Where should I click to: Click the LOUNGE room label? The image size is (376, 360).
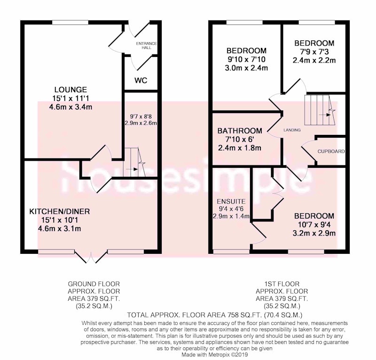pos(70,90)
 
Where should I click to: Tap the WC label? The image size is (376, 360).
pos(141,80)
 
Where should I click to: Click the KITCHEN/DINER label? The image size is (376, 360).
pos(60,211)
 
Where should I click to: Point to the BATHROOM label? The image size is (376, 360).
pos(240,131)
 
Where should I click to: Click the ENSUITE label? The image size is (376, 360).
pos(231,201)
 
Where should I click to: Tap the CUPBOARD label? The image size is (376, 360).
pos(331,151)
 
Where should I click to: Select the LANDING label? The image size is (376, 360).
pos(292,130)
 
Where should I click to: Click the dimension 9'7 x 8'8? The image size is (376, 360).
pos(141,117)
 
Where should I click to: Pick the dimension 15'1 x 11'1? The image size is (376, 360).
pos(70,98)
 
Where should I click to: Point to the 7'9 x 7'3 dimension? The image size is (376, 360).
pos(314,52)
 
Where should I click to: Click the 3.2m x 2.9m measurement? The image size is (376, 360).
pos(314,233)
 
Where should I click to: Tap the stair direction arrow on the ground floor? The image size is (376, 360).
pos(132,169)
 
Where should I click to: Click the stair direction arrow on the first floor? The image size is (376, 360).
pos(325,115)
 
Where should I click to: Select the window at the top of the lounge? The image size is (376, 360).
pos(70,22)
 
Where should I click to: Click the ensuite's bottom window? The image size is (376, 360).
pos(231,251)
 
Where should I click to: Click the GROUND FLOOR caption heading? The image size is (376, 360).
pos(94,284)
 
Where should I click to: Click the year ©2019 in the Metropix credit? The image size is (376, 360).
pos(240,354)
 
